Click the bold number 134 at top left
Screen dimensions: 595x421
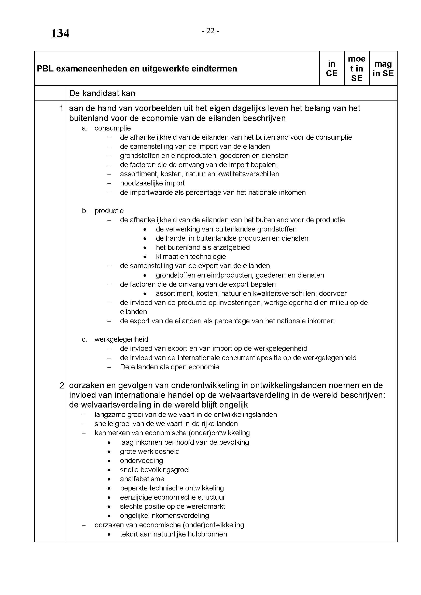click(60, 34)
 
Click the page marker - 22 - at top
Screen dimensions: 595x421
click(210, 31)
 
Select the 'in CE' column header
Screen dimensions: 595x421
click(332, 69)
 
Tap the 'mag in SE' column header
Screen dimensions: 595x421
click(383, 69)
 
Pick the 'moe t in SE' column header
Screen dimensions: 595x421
click(356, 69)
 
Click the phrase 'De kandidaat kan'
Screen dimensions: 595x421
click(102, 93)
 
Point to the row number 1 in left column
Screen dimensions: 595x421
click(61, 109)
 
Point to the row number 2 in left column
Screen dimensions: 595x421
click(61, 386)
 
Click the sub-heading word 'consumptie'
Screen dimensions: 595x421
click(113, 128)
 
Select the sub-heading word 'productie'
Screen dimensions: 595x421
click(109, 211)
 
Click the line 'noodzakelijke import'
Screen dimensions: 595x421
click(152, 183)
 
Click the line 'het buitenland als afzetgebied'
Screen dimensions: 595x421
click(203, 248)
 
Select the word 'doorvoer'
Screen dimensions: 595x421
click(333, 294)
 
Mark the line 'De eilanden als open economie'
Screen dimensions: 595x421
click(170, 367)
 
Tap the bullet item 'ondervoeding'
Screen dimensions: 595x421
click(141, 460)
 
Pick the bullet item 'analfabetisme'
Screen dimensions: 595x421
click(142, 479)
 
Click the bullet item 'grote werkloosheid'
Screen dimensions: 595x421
click(150, 452)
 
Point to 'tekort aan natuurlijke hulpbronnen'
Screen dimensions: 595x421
click(173, 534)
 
